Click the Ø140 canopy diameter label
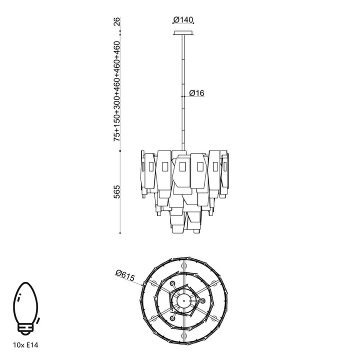tap(183, 20)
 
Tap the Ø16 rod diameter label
tap(197, 93)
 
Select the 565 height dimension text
tap(116, 192)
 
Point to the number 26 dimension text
tap(116, 21)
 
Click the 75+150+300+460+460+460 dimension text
tap(116, 90)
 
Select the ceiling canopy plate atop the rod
tap(183, 33)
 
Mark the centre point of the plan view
tap(183, 301)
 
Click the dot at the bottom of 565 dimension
tap(120, 233)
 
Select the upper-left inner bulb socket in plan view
tap(173, 284)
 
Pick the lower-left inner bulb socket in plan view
tap(173, 318)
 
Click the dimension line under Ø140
tap(183, 24)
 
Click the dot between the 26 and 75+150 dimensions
tap(120, 32)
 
